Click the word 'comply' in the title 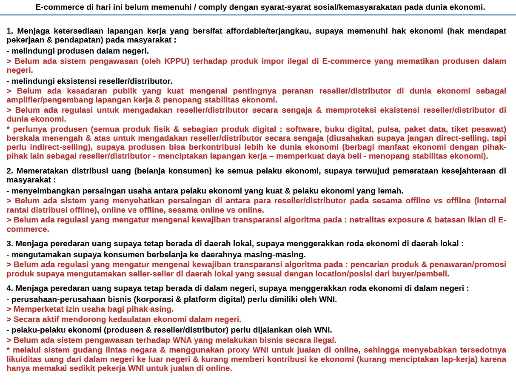pyautogui.click(x=185, y=7)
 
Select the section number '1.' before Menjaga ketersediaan pyautogui.click(x=10, y=31)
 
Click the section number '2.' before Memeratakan pyautogui.click(x=10, y=171)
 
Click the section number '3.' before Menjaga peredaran pyautogui.click(x=10, y=244)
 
